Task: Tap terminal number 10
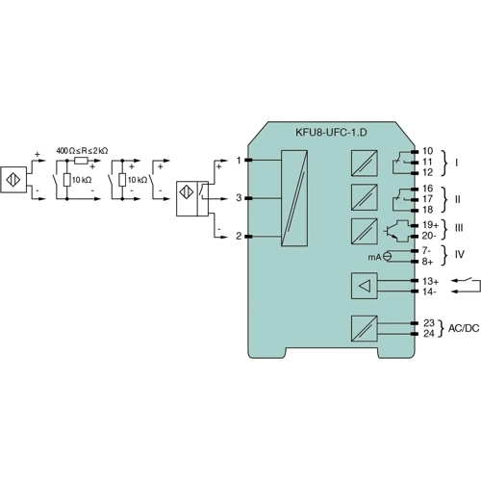point(428,151)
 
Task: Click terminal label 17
point(428,198)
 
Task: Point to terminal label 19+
point(430,224)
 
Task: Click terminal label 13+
point(430,280)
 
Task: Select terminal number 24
point(428,333)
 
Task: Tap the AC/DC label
point(463,328)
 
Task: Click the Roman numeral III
point(459,229)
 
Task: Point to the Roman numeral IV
point(459,255)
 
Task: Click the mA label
point(373,257)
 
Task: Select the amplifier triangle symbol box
point(364,285)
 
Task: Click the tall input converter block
point(294,198)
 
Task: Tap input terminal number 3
point(238,197)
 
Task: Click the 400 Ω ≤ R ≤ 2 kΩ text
point(82,151)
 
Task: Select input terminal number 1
point(238,160)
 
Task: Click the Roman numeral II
point(458,198)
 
